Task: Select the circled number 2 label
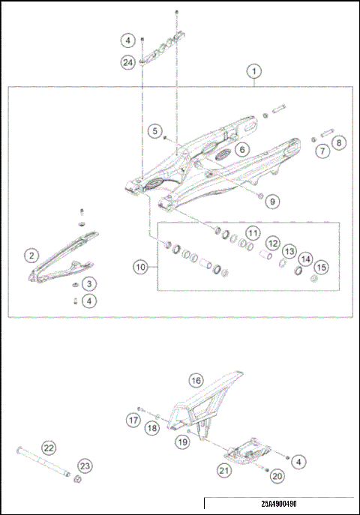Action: (31, 256)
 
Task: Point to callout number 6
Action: (241, 150)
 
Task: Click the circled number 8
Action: (338, 142)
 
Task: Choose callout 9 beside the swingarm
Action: (272, 201)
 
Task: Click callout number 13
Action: (288, 252)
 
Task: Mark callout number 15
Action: (320, 268)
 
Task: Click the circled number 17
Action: (132, 421)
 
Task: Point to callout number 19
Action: (182, 443)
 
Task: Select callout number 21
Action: (223, 470)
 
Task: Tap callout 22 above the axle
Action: (49, 448)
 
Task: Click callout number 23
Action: (85, 466)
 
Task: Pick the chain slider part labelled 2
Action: (64, 259)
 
